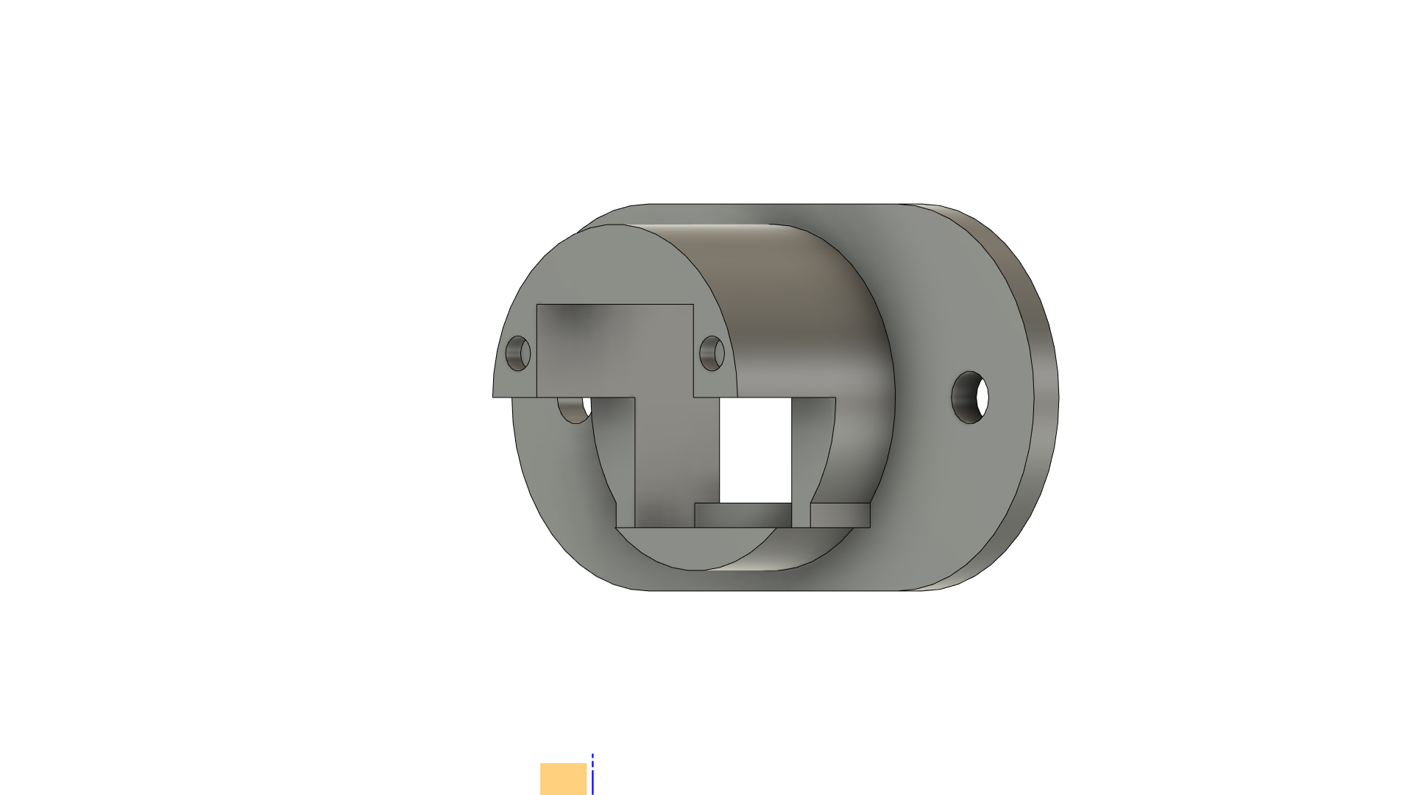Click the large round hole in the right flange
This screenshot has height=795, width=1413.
(970, 397)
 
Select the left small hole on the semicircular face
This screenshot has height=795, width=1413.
(518, 353)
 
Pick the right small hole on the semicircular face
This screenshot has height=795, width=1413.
(712, 353)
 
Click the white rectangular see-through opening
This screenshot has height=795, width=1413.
(755, 449)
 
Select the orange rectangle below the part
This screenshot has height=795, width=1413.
(563, 779)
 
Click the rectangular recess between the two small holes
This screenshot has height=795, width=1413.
(615, 346)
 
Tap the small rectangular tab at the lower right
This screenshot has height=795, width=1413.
(840, 515)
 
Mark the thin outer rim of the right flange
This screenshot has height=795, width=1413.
(1045, 397)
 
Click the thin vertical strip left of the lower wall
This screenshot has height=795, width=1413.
(625, 464)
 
